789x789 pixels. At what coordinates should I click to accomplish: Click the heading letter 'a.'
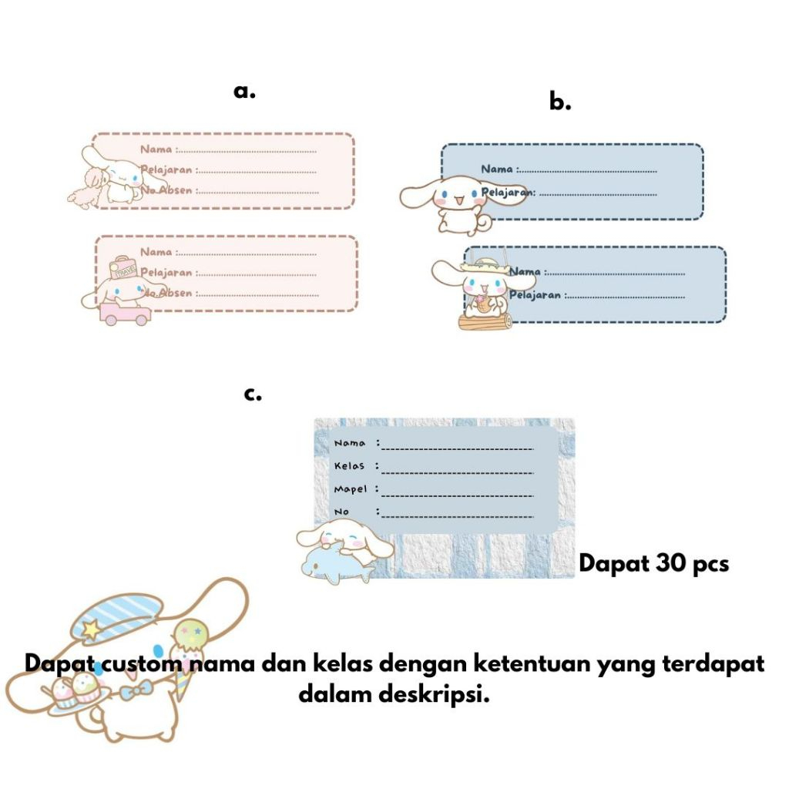tap(244, 92)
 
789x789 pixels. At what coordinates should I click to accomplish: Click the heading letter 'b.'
tap(560, 102)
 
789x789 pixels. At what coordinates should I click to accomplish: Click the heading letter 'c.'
tap(253, 394)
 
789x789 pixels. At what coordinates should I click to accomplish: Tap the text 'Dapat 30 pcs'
tap(653, 563)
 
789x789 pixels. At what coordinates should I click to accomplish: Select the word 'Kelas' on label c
tap(349, 466)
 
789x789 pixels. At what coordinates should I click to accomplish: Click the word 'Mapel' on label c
tap(351, 489)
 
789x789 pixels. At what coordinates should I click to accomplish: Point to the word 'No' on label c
tap(341, 512)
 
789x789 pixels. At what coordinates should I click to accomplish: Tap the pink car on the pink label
tap(123, 313)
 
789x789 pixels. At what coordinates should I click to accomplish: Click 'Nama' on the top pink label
tap(156, 149)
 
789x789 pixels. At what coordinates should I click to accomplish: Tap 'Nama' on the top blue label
tap(497, 169)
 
